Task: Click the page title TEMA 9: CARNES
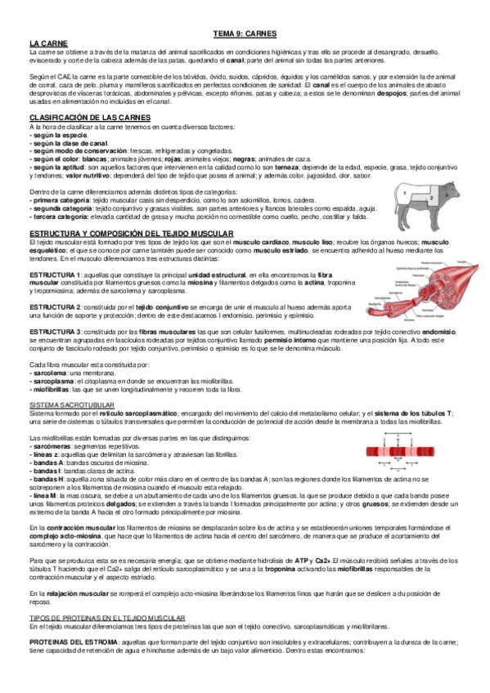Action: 245,35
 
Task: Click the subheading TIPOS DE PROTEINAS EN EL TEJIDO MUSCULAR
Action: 108,619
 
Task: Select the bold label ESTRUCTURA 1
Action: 54,274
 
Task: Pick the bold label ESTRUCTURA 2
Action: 54,306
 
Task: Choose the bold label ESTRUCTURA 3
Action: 54,331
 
